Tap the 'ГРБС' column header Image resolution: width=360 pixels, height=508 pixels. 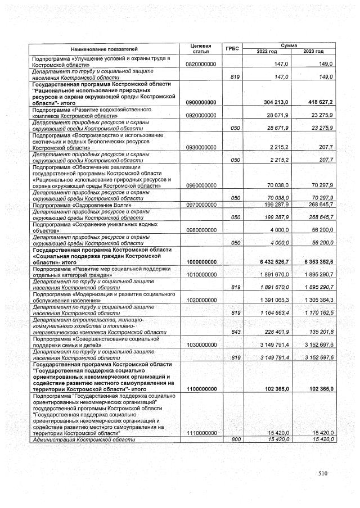click(232, 49)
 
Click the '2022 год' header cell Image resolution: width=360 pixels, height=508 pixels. click(267, 52)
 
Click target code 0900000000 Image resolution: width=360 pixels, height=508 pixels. click(201, 102)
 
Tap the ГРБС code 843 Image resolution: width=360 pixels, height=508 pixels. click(236, 332)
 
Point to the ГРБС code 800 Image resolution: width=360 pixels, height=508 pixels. click(236, 438)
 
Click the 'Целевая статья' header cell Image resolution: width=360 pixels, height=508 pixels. click(201, 49)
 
